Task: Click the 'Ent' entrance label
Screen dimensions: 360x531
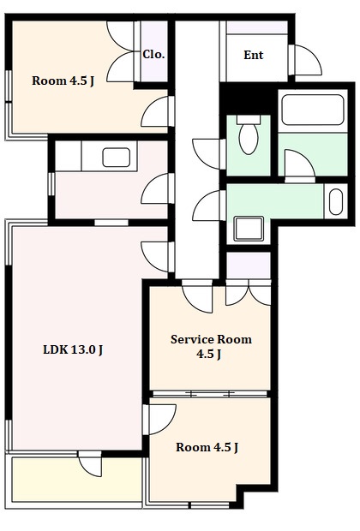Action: (253, 55)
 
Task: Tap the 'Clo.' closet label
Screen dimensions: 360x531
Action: (153, 54)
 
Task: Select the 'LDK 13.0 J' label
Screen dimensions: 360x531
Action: (73, 349)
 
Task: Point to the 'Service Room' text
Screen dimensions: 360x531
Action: (211, 339)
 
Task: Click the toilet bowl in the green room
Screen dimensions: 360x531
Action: (249, 134)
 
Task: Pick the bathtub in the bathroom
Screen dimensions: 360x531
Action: (313, 110)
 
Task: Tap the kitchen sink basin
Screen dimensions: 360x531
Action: (117, 158)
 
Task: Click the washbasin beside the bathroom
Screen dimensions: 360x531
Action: (336, 201)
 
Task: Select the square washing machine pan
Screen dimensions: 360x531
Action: (249, 229)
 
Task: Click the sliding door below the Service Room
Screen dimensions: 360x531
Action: (209, 394)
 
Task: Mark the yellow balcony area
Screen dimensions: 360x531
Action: (77, 480)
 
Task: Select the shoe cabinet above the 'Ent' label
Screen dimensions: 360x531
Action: (256, 27)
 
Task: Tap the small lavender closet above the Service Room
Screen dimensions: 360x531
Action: (249, 265)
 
